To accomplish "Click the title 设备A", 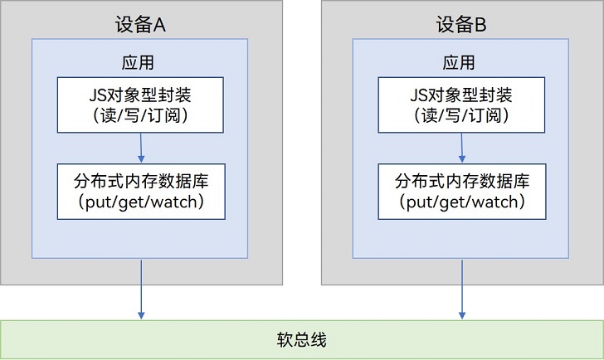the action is tap(140, 25).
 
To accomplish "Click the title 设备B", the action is tap(461, 25).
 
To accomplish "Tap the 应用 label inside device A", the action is tap(138, 62).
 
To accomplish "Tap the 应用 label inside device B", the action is tap(458, 62).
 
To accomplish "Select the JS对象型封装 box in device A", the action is tap(140, 105).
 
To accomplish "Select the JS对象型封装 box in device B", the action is tap(461, 105).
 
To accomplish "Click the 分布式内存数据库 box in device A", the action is tap(141, 192).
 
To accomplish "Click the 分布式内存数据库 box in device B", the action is tap(462, 192).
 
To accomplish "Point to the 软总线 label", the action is tap(302, 339).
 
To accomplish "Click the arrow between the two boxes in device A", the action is tap(141, 148).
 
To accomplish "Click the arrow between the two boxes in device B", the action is tap(462, 148).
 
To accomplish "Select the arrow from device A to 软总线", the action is tap(141, 289).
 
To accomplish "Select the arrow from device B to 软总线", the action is tap(462, 289).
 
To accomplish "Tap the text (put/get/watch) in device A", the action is tap(141, 202).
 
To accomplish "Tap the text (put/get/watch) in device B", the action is tap(462, 202).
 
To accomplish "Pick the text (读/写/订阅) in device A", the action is tap(140, 115).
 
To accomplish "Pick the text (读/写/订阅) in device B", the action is tap(461, 115).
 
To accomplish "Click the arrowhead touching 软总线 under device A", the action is tap(141, 315).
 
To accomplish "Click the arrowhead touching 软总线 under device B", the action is tap(462, 315).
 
